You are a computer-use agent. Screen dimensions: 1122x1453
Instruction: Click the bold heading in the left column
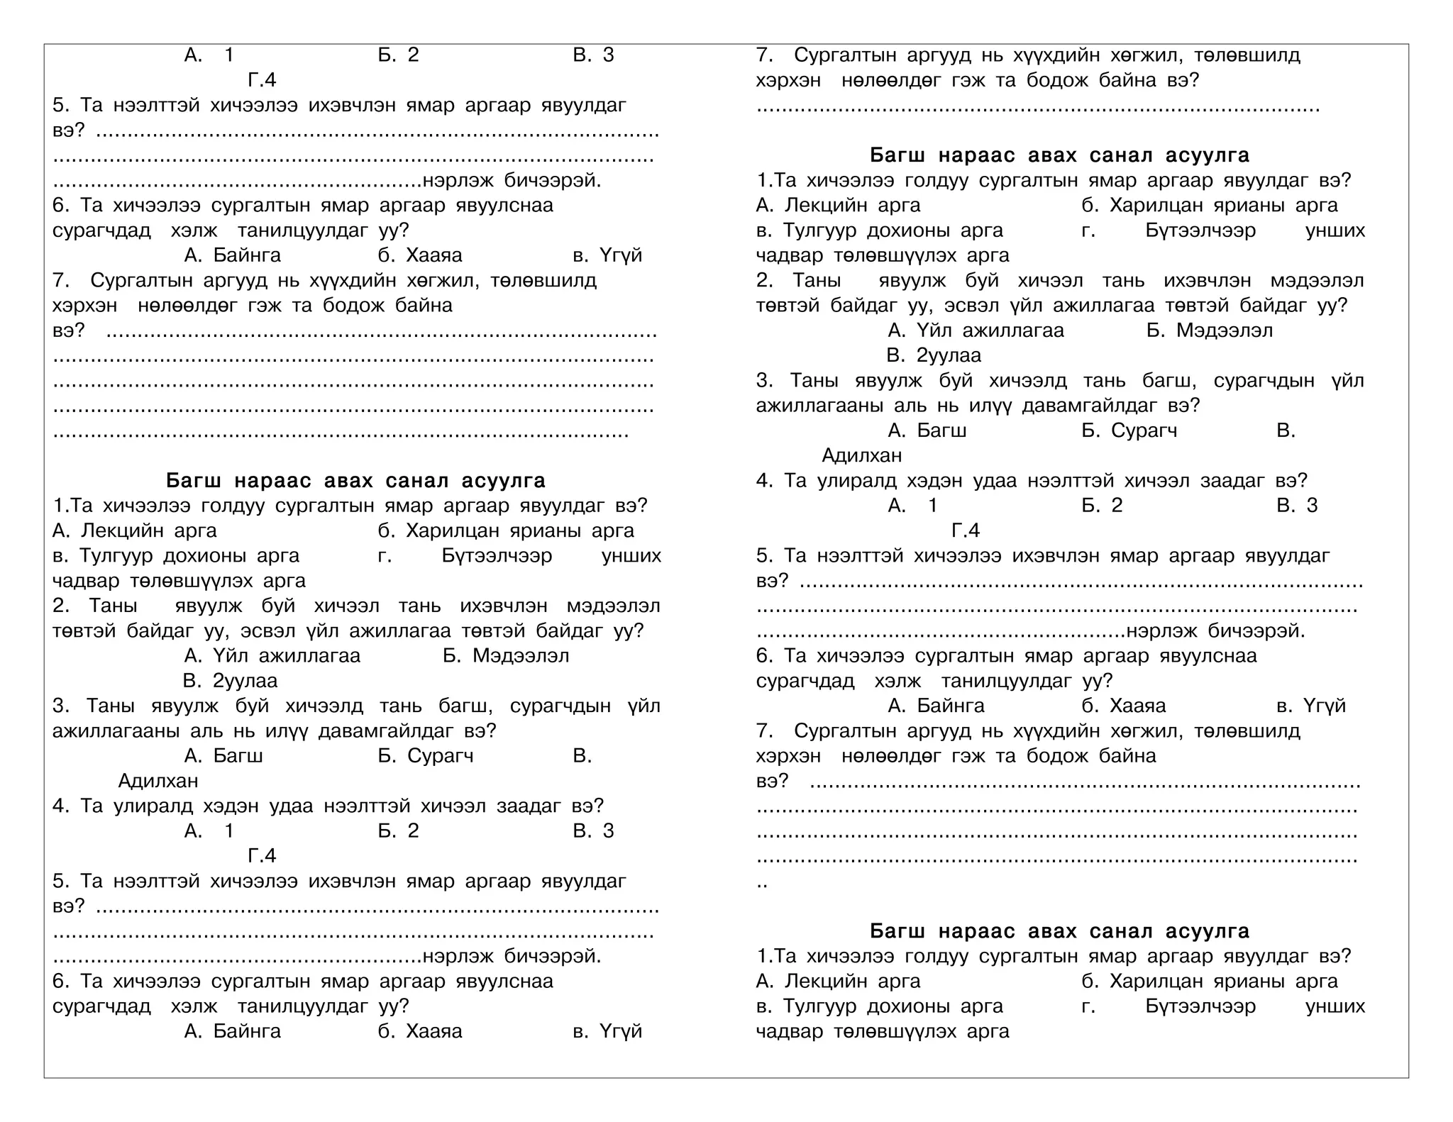355,481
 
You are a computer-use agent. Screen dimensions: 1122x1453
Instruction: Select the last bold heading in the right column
1059,931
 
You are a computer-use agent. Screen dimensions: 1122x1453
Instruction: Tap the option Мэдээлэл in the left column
521,656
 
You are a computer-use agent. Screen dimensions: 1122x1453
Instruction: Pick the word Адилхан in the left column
158,781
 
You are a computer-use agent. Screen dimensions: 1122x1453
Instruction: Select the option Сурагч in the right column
1144,431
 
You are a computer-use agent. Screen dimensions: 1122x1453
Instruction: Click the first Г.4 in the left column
262,80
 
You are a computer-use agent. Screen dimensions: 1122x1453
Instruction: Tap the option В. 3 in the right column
1297,506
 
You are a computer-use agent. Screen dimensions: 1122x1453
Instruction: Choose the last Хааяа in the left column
433,1031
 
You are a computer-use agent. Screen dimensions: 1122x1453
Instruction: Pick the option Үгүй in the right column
1324,706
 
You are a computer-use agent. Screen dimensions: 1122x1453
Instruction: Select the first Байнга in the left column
247,255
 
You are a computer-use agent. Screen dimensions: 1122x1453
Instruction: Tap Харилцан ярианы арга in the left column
520,531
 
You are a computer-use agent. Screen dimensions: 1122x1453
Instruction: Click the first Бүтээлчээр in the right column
1200,230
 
